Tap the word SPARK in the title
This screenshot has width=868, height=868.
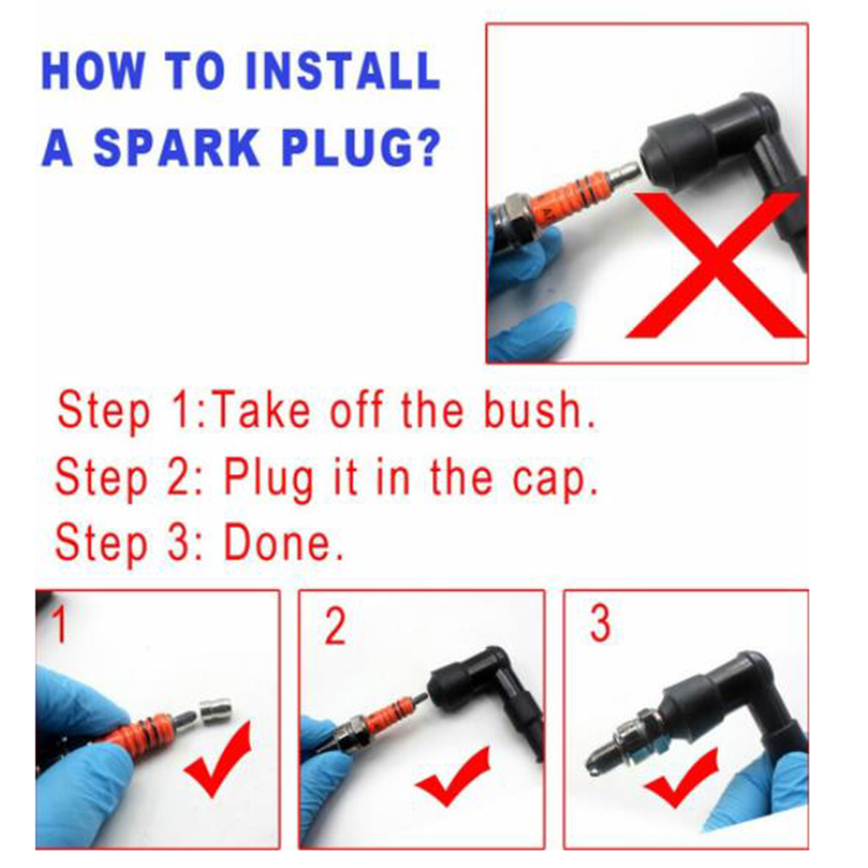point(177,147)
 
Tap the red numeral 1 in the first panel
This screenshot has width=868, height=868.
point(61,624)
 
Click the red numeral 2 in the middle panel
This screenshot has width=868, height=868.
point(335,626)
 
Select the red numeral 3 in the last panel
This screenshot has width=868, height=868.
point(600,624)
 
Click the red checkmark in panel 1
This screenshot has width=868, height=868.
point(218,758)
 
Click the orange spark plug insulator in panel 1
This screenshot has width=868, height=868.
point(144,728)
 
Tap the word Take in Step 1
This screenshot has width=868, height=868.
point(262,410)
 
